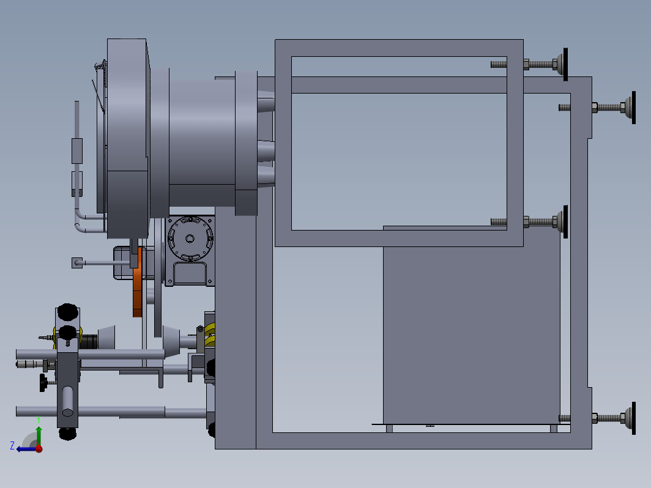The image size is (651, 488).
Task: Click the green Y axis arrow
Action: pyautogui.click(x=39, y=435)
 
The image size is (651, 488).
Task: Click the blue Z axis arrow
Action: pyautogui.click(x=26, y=449)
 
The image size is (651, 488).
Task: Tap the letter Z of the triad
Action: pyautogui.click(x=12, y=446)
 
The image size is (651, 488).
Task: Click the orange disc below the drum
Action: pyautogui.click(x=138, y=282)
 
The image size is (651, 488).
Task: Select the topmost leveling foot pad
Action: pyautogui.click(x=562, y=64)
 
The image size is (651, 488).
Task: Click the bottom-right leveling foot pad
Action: pyautogui.click(x=631, y=418)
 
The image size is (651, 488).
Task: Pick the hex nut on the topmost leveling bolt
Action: pyautogui.click(x=526, y=64)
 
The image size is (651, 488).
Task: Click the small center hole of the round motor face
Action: pyautogui.click(x=190, y=238)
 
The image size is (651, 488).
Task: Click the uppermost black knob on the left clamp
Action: pyautogui.click(x=68, y=312)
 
